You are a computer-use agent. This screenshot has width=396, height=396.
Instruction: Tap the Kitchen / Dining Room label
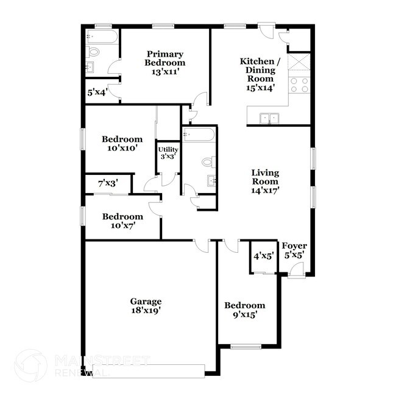(260, 74)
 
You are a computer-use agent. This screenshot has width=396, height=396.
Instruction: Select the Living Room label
(265, 181)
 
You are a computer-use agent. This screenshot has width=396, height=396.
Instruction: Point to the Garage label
(146, 305)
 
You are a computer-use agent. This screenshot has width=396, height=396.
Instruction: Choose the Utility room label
(168, 153)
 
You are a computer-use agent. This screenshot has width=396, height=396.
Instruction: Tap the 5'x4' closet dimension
(97, 93)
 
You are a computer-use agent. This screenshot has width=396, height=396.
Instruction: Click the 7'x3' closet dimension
(107, 182)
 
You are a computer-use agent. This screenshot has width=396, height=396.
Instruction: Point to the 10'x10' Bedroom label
(122, 143)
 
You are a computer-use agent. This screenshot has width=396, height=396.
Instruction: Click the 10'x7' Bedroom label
(122, 221)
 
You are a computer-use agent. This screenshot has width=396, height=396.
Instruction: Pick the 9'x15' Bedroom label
(244, 310)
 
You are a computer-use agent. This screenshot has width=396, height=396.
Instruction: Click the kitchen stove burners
(299, 85)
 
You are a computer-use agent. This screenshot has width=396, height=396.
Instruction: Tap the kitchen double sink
(268, 118)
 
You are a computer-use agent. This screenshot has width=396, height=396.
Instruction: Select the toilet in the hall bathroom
(207, 162)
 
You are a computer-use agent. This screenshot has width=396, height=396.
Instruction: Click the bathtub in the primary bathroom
(101, 38)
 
